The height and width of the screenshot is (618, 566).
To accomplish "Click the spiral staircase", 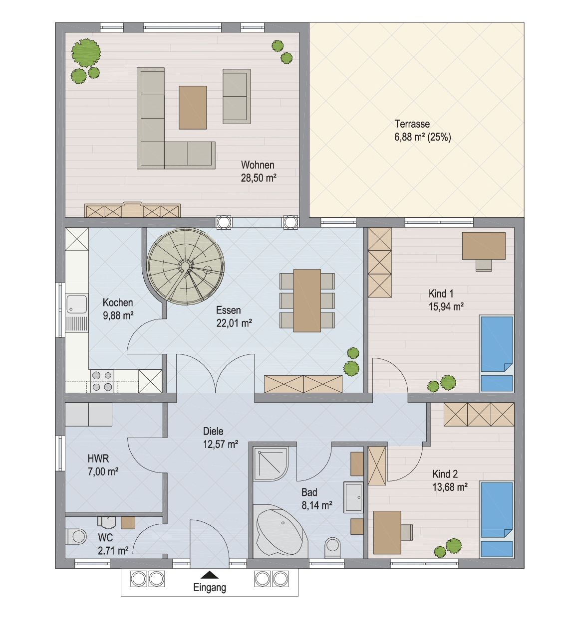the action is (186, 267).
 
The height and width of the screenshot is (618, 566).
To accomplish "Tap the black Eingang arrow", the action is (210, 575).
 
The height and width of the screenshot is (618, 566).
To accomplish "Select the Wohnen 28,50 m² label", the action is (259, 171).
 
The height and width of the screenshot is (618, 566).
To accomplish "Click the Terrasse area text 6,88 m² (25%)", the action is (422, 137).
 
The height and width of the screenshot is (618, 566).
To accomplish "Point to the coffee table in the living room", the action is (193, 108).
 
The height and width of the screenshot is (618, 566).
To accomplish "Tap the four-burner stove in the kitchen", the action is (102, 381).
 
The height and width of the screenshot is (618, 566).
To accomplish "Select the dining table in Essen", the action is (307, 301).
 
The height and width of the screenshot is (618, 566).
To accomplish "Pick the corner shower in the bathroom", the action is (271, 463).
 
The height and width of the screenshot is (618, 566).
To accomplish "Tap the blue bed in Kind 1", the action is (496, 354).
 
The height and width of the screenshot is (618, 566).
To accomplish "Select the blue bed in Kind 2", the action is (496, 520).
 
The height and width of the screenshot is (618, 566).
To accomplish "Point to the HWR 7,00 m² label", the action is (103, 465).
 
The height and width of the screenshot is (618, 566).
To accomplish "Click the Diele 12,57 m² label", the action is (220, 438).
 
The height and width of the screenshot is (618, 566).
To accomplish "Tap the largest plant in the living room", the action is (86, 53).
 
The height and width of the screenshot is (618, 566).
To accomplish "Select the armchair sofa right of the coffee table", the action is (237, 96).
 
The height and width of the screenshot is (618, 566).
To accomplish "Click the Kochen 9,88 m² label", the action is (118, 309).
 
